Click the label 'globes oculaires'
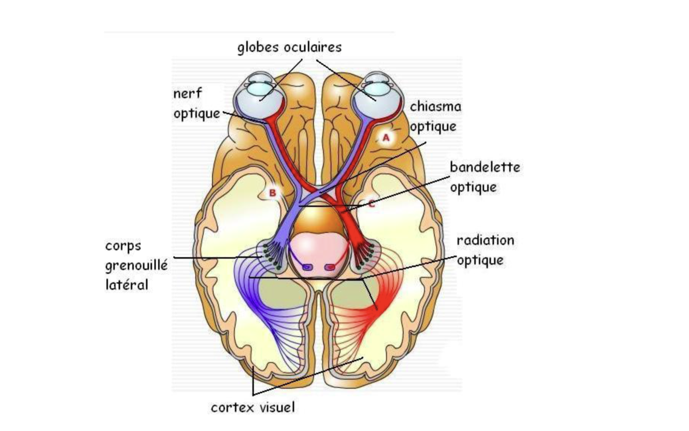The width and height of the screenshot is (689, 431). [289, 48]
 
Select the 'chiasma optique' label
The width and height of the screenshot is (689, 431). [435, 116]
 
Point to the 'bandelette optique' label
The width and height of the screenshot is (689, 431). [484, 177]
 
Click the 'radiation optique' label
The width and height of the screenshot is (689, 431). [485, 250]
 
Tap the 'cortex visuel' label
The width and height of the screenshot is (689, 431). [253, 407]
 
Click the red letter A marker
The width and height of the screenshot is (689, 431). [386, 137]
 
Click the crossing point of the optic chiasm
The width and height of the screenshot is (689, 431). [318, 191]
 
